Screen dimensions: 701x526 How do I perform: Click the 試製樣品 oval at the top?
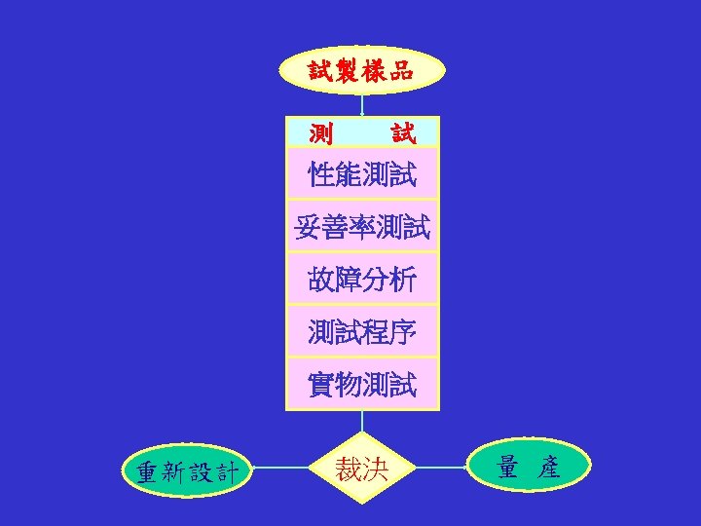(362, 70)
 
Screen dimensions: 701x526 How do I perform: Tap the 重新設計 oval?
(187, 471)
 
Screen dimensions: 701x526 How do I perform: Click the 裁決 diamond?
(362, 470)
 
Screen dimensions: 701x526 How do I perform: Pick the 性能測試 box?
(362, 175)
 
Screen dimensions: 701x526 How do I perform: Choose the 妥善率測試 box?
(362, 228)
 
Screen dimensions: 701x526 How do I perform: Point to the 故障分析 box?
(362, 281)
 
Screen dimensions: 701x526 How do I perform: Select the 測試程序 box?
(362, 333)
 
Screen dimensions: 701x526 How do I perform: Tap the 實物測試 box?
(362, 385)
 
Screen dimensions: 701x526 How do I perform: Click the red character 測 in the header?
(320, 131)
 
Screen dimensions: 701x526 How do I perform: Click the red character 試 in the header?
(402, 131)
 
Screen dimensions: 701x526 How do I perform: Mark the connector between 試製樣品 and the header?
(362, 105)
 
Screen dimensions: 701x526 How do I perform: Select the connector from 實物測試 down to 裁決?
(362, 421)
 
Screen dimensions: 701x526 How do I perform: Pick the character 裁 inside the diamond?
(349, 470)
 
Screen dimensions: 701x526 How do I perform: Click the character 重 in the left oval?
(146, 472)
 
